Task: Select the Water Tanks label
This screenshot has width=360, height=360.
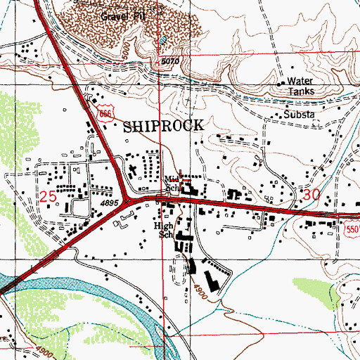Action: click(302, 86)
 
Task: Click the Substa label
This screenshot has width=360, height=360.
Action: click(300, 113)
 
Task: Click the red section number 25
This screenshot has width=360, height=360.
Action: click(47, 198)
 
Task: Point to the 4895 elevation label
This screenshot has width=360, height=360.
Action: click(108, 202)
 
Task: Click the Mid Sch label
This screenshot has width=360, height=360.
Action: click(172, 184)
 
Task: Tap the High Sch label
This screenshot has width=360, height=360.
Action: click(164, 231)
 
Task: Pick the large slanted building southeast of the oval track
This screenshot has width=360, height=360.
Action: click(214, 274)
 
